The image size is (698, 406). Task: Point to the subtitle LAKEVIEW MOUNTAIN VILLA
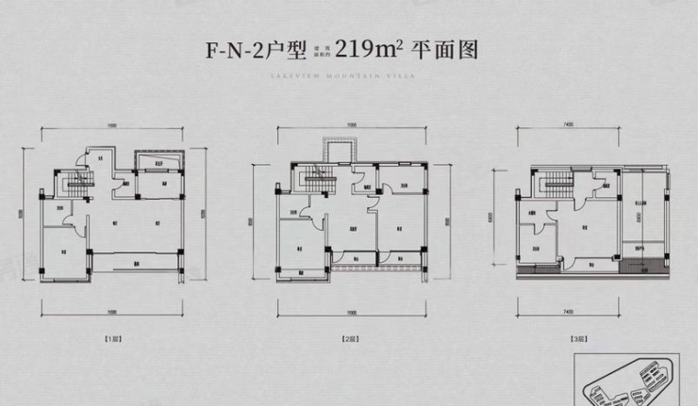(x=348, y=80)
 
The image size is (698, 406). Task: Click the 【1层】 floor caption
(x=113, y=336)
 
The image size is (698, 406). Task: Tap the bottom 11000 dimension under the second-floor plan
(x=351, y=312)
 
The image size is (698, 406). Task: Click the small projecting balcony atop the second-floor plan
(x=340, y=150)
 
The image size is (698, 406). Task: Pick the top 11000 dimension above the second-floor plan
(x=351, y=124)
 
